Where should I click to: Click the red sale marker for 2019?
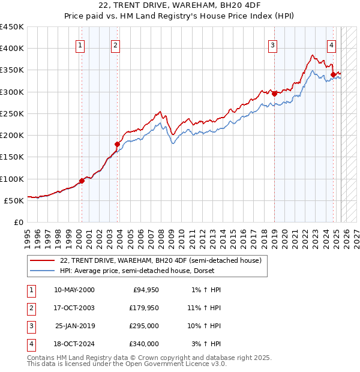pyautogui.click(x=274, y=94)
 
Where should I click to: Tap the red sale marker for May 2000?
pyautogui.click(x=82, y=181)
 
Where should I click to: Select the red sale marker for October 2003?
pyautogui.click(x=118, y=144)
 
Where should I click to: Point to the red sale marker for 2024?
pyautogui.click(x=333, y=74)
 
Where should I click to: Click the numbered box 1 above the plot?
pyautogui.click(x=80, y=44)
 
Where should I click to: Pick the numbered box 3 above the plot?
pyautogui.click(x=272, y=44)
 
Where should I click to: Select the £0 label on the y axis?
pyautogui.click(x=18, y=223)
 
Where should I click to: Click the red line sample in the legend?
pyautogui.click(x=41, y=261)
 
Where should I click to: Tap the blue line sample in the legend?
pyautogui.click(x=41, y=271)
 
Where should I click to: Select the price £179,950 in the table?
pyautogui.click(x=144, y=308)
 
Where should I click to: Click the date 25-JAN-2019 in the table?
pyautogui.click(x=74, y=326)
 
